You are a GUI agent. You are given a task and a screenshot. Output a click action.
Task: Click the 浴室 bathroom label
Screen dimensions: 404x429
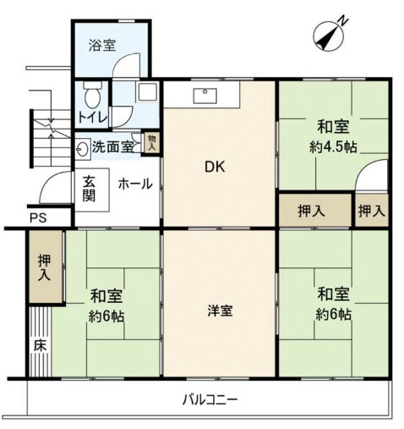coord(102,45)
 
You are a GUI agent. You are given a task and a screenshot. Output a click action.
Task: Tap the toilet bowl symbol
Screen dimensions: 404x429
coord(92,95)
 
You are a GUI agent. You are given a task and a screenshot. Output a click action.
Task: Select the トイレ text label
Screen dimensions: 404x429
coord(93,118)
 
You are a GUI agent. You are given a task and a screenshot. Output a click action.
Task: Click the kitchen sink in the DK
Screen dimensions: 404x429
coord(205,96)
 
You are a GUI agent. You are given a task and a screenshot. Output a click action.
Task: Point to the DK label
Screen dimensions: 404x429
coord(215,168)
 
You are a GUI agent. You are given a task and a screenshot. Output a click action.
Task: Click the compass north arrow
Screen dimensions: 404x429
coord(328,36)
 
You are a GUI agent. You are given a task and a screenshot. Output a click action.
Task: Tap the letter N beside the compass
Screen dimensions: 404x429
coord(343,21)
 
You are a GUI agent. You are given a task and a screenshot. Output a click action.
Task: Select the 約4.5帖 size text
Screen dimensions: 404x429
coord(333,147)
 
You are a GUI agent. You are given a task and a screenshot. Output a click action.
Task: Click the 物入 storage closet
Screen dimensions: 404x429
coord(152,143)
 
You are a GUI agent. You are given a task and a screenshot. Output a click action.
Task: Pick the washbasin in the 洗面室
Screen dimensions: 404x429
coord(82,147)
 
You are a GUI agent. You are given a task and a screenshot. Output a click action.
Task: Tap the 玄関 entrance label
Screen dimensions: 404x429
coord(89,189)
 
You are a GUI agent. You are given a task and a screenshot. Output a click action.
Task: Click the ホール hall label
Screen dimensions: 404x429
coord(135,184)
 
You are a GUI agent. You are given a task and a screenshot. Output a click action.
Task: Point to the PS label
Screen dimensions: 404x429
coord(38,217)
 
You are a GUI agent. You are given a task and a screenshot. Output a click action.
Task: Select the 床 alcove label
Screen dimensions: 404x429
coord(40,345)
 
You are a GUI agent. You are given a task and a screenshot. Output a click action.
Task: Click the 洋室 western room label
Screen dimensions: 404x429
coord(220,311)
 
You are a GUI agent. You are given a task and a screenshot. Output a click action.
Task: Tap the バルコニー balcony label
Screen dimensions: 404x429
coord(210,400)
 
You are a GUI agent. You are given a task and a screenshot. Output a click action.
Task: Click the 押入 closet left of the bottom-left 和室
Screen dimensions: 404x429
coord(45,267)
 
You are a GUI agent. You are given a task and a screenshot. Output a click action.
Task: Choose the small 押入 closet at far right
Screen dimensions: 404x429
coord(372,210)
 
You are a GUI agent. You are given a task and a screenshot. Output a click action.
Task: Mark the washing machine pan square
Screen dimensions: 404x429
coord(147,91)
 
